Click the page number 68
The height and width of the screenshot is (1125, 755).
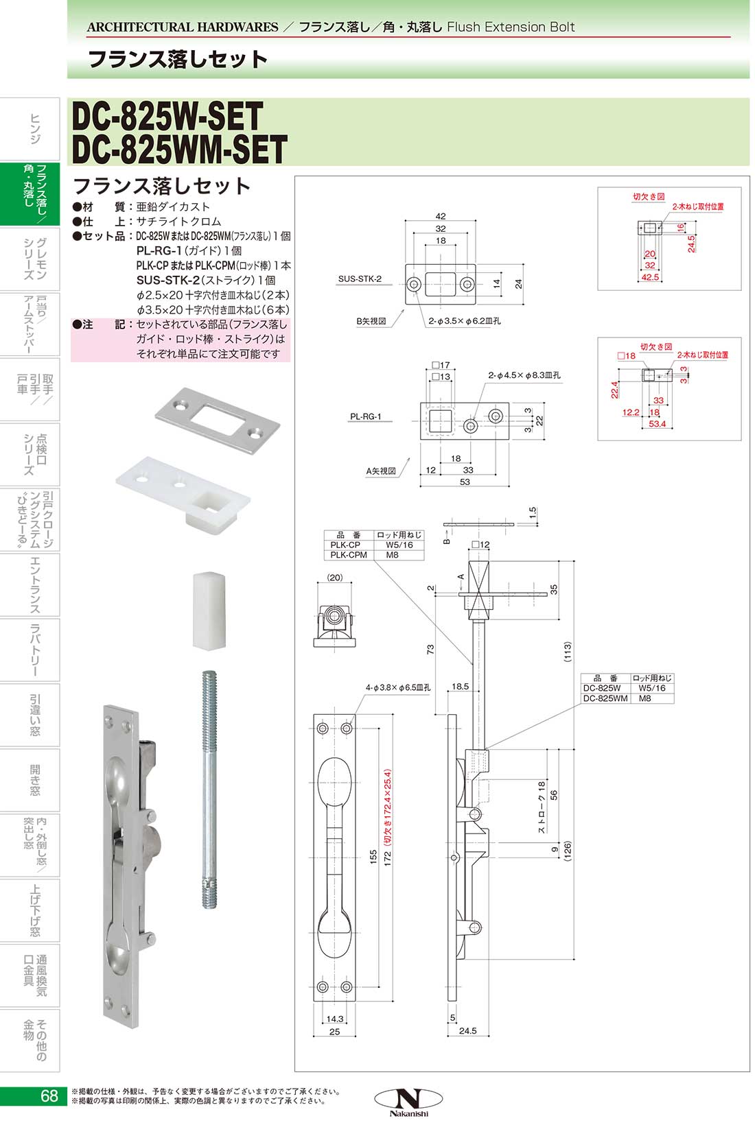pyautogui.click(x=49, y=1096)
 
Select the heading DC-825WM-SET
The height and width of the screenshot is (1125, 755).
pyautogui.click(x=179, y=150)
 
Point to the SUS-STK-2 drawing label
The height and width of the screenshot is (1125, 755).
pyautogui.click(x=360, y=279)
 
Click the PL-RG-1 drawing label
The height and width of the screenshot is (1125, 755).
pyautogui.click(x=366, y=416)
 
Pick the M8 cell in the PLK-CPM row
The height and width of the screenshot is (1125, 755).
pyautogui.click(x=392, y=555)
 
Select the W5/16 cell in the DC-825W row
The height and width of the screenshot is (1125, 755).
pyautogui.click(x=651, y=688)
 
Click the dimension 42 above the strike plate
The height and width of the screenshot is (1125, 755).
pyautogui.click(x=440, y=215)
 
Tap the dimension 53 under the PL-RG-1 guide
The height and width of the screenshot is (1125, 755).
pyautogui.click(x=465, y=482)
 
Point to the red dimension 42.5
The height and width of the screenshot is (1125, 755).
pyautogui.click(x=649, y=277)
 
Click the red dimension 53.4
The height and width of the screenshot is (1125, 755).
pyautogui.click(x=657, y=424)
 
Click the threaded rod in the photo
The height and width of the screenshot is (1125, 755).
pyautogui.click(x=210, y=789)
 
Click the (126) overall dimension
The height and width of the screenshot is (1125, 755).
pyautogui.click(x=567, y=851)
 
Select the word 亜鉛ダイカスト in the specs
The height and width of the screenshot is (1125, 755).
pyautogui.click(x=173, y=206)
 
